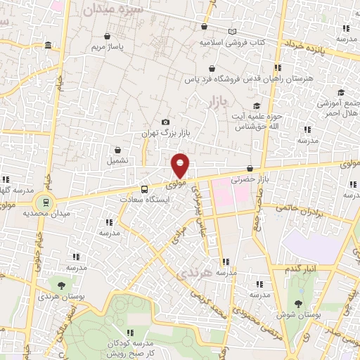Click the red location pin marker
(x=181, y=165)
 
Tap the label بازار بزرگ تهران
(x=167, y=133)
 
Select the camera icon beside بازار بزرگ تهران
(x=165, y=122)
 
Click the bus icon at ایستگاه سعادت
(x=144, y=189)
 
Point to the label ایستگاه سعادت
(x=145, y=200)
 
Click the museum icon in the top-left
(x=47, y=46)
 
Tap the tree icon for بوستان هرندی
(x=61, y=285)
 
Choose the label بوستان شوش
(x=299, y=316)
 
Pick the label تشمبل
(x=117, y=160)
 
